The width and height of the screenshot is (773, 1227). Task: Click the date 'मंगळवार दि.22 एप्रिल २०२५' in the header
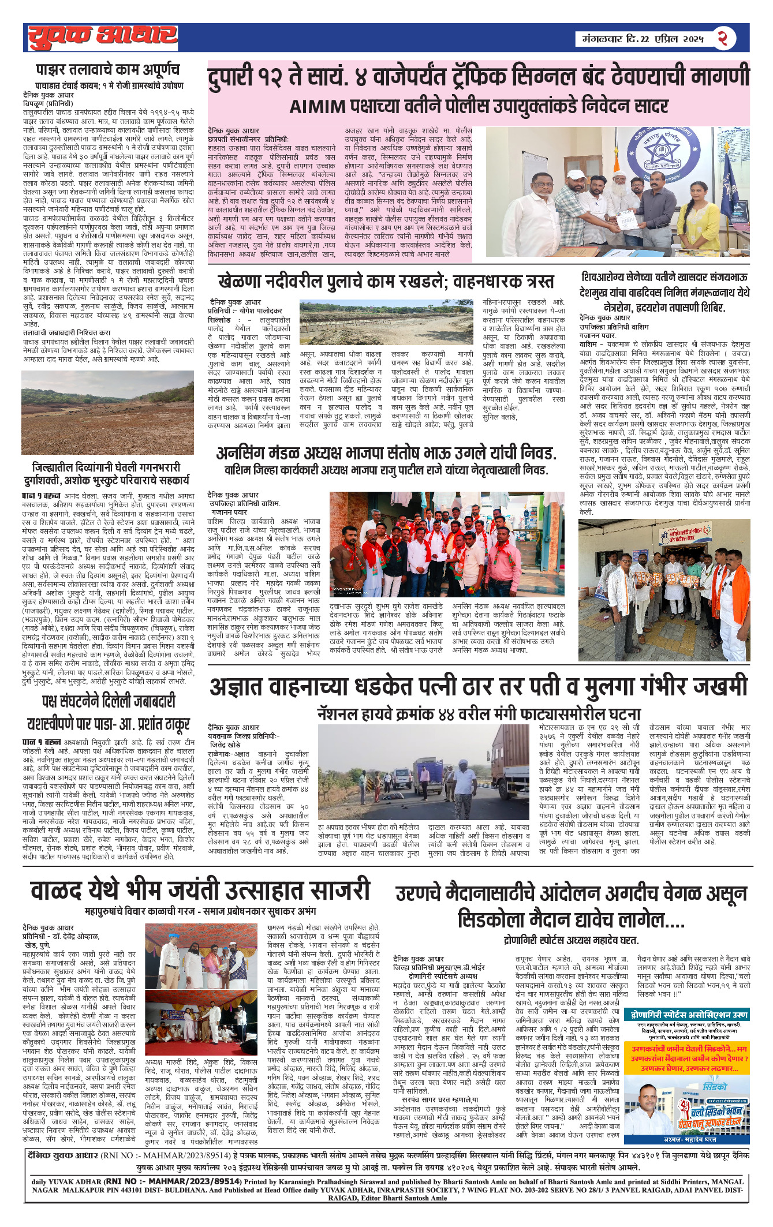click(639, 39)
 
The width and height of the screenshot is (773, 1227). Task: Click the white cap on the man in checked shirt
click(575, 174)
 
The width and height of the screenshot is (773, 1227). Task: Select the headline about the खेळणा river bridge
click(386, 282)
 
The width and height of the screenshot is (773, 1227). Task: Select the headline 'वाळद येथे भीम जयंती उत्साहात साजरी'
click(200, 889)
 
